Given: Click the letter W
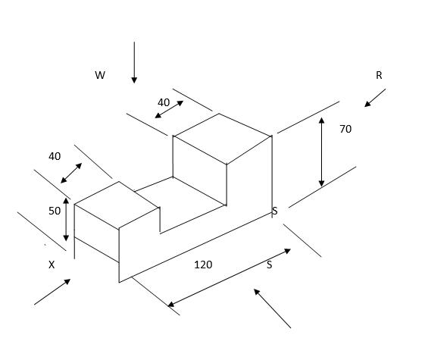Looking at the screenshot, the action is tap(100, 75).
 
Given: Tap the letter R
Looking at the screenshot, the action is tap(379, 75).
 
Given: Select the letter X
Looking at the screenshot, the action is tap(52, 265).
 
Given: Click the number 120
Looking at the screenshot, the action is tap(203, 265).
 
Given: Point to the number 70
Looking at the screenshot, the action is tap(345, 129).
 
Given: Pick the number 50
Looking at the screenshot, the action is tap(55, 211).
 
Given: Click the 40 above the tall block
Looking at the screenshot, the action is tap(164, 103).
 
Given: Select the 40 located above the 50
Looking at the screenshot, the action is tap(55, 156).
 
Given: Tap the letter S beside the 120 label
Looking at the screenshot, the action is tap(270, 265).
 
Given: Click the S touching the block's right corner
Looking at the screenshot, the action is tap(275, 211).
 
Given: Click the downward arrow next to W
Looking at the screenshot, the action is tap(134, 63).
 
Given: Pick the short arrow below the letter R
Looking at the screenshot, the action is tap(375, 98).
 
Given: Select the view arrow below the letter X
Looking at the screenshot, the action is tap(52, 292).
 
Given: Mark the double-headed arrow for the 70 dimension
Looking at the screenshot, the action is tap(321, 152).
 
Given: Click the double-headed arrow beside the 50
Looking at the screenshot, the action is tap(66, 219).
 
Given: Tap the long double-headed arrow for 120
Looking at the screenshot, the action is tap(229, 277).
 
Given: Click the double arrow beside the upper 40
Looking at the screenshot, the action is tap(169, 109).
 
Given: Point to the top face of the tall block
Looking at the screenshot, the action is tap(223, 138).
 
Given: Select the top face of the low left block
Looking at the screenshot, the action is tap(117, 205).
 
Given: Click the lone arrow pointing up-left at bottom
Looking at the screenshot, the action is tap(273, 308).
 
